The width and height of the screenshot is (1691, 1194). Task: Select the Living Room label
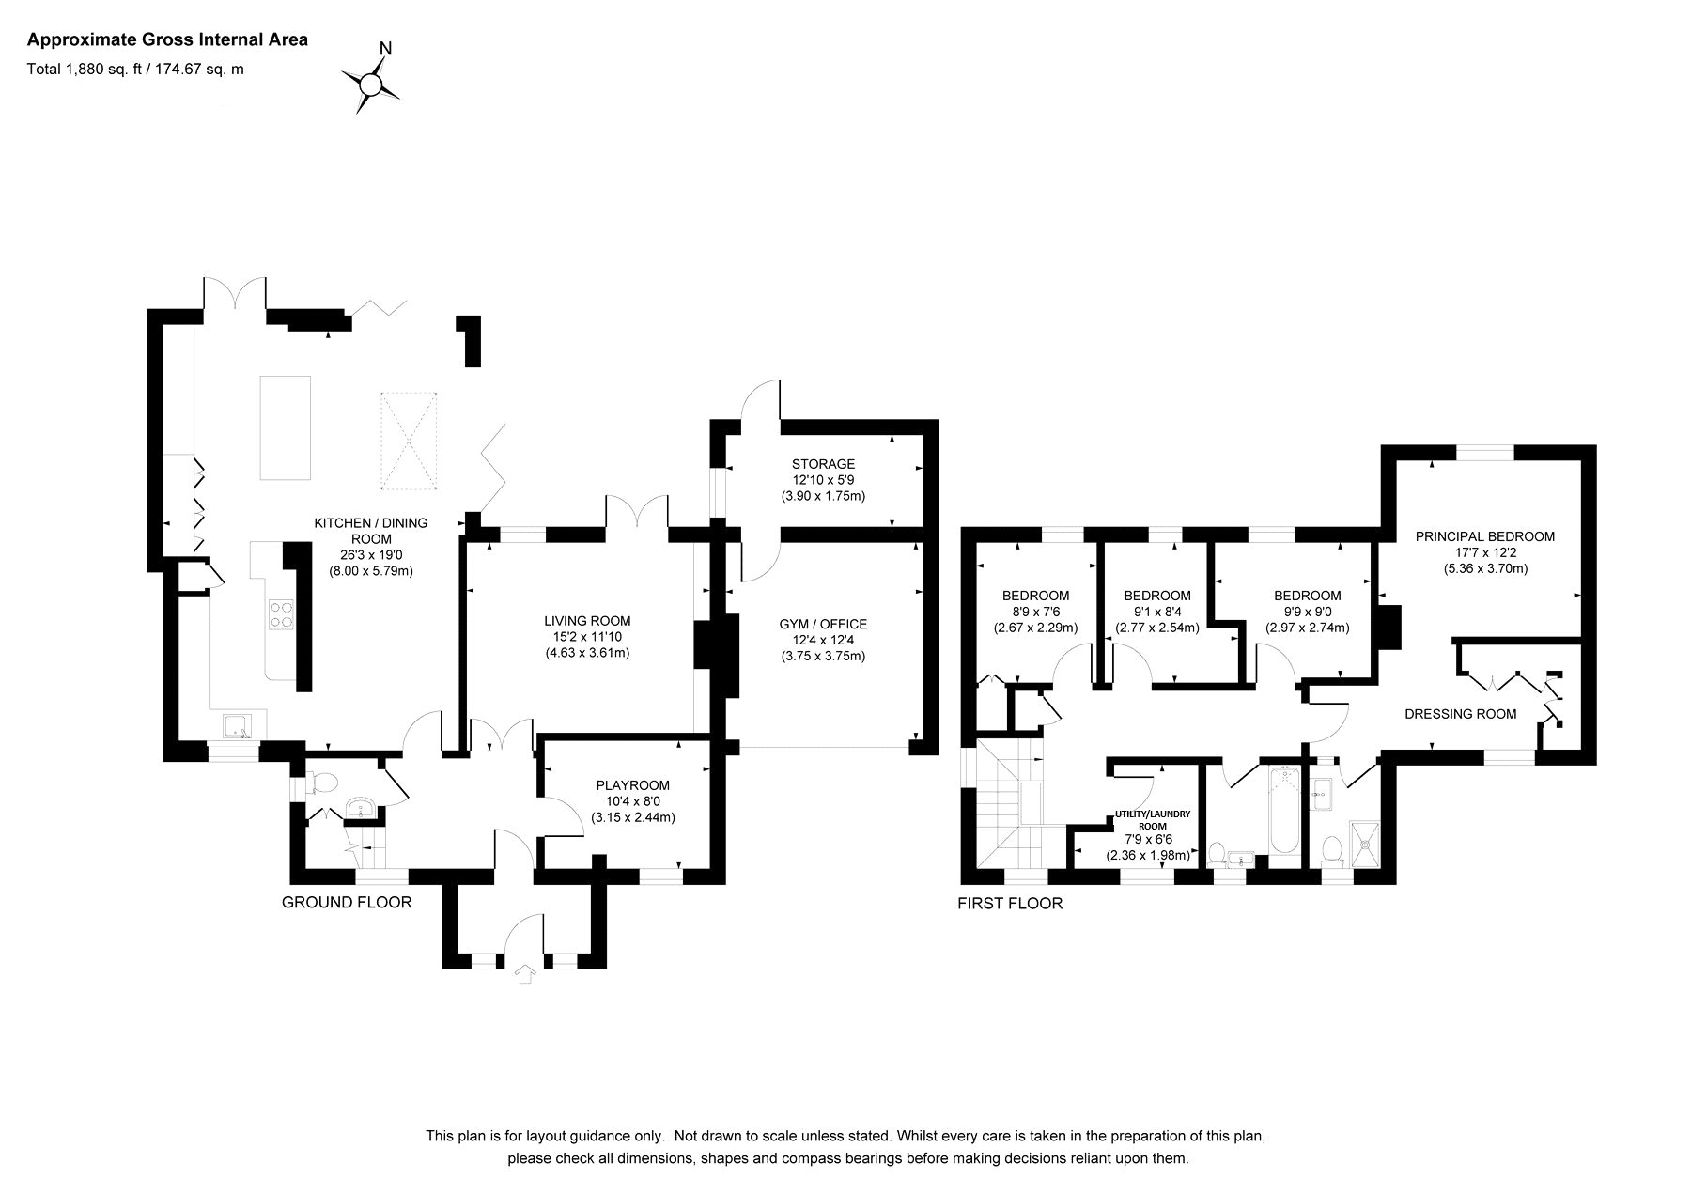[x=587, y=621]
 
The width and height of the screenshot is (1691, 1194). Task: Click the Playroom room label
[x=633, y=785]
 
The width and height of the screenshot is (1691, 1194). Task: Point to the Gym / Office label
[x=823, y=624]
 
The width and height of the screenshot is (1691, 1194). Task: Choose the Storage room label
[x=823, y=464]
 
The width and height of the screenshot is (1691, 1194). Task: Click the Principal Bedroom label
[x=1485, y=536]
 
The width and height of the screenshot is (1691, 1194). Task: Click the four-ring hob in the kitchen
[x=281, y=614]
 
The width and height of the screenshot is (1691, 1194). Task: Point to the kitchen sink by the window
[x=236, y=725]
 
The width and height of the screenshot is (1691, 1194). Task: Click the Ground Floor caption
[x=347, y=903]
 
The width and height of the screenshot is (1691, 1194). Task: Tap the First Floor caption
[x=1010, y=904]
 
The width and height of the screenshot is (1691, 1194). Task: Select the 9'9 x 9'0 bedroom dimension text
[x=1307, y=612]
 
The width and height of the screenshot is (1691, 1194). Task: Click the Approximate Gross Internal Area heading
[x=167, y=39]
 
